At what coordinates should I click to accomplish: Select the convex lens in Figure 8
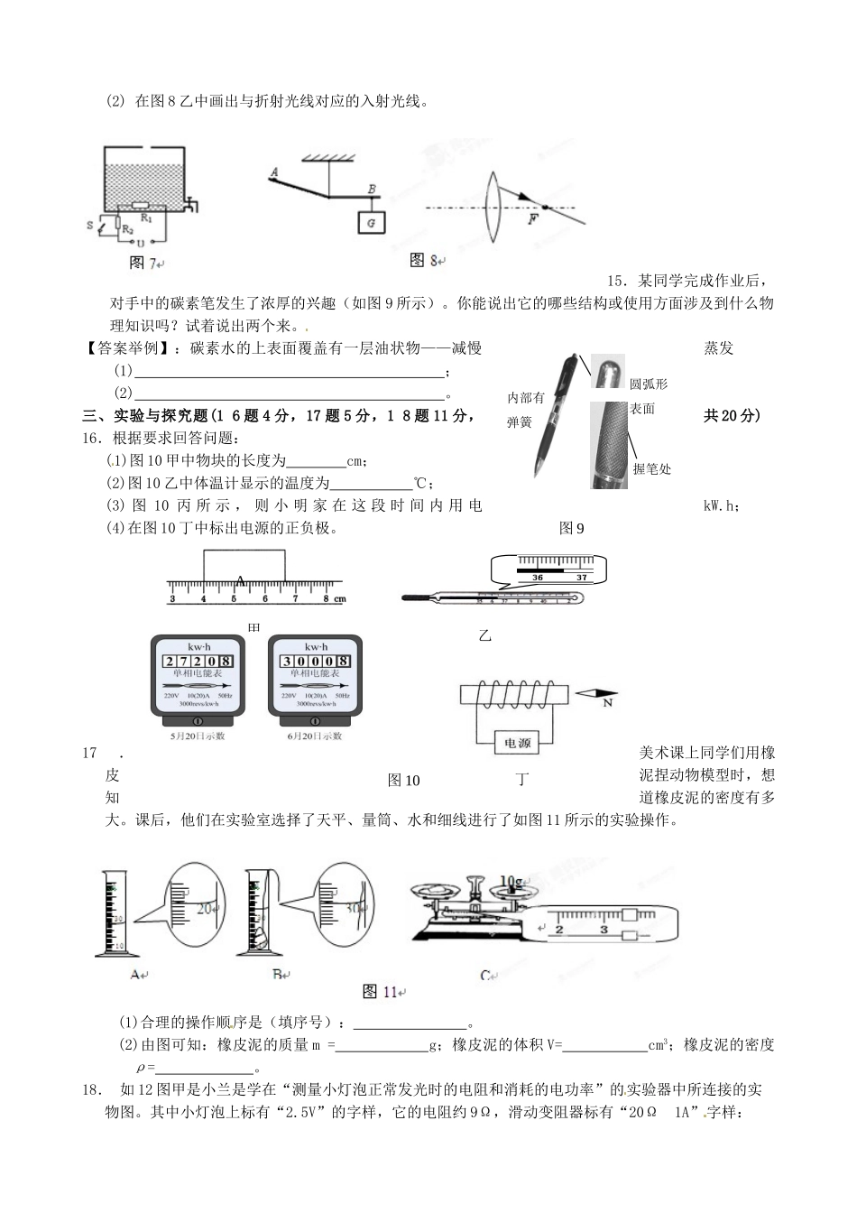pos(493,208)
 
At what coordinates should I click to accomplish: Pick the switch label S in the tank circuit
pos(90,225)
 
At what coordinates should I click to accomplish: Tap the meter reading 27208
pos(198,661)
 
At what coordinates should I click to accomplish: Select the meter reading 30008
pos(316,661)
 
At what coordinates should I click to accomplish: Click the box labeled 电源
pos(517,743)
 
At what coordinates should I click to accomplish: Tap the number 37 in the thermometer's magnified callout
pos(582,578)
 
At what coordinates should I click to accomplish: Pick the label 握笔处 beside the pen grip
pos(651,468)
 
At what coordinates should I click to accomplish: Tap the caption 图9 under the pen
pos(571,528)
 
